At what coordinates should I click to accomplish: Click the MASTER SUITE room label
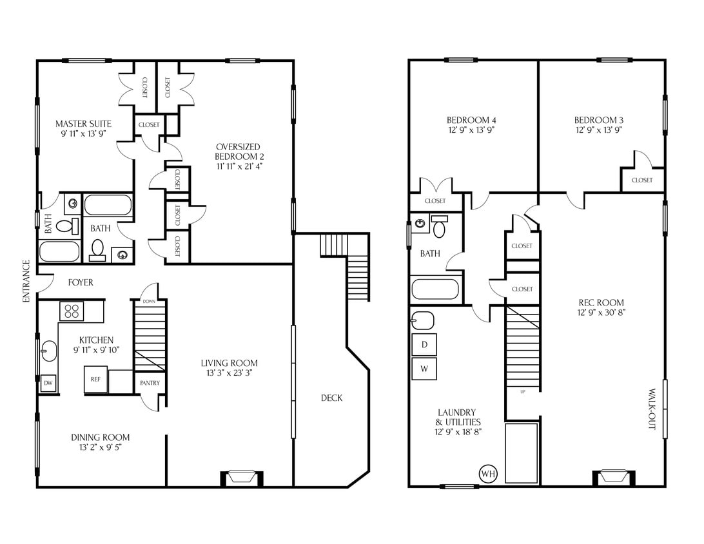(x=83, y=124)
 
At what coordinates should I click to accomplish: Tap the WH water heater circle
(x=488, y=474)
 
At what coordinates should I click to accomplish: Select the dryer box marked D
(x=424, y=344)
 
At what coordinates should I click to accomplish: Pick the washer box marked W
(x=424, y=369)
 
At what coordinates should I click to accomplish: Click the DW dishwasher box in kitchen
(x=48, y=384)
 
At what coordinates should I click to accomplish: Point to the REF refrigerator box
(x=95, y=379)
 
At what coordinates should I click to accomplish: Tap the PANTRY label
(x=150, y=383)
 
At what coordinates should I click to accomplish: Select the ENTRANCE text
(x=26, y=281)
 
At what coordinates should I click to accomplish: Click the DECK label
(x=331, y=398)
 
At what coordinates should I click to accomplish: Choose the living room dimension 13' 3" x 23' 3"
(x=229, y=373)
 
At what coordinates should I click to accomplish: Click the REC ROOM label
(x=601, y=302)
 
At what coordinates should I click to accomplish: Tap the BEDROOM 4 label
(x=471, y=120)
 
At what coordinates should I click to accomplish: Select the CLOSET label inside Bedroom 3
(x=641, y=180)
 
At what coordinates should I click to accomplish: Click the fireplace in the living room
(x=242, y=478)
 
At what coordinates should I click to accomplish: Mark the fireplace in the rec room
(x=614, y=478)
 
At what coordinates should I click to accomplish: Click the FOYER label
(x=81, y=282)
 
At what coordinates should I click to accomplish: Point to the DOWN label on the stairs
(x=148, y=302)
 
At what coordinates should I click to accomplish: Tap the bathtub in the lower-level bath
(x=435, y=288)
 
